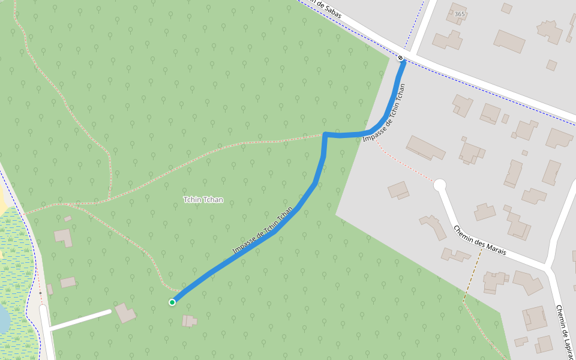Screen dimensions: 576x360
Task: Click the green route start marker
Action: (172, 302)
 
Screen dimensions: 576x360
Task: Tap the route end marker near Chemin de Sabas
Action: (401, 58)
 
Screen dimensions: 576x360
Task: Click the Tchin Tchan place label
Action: (203, 199)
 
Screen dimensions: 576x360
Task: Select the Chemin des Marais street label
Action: (479, 241)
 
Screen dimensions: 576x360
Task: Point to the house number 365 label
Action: (460, 14)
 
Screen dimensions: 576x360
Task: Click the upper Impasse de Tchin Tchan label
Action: (385, 113)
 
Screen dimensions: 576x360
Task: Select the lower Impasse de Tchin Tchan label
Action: (263, 231)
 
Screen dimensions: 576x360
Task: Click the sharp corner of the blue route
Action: (325, 134)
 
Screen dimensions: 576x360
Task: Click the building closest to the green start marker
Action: (190, 320)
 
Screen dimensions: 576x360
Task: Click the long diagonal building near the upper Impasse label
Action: (425, 147)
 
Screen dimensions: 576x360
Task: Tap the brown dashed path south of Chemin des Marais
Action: (471, 276)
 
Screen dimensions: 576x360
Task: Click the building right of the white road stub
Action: (125, 313)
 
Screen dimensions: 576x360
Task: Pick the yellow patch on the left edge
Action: (3, 204)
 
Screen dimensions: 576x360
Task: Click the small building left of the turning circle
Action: (398, 190)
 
